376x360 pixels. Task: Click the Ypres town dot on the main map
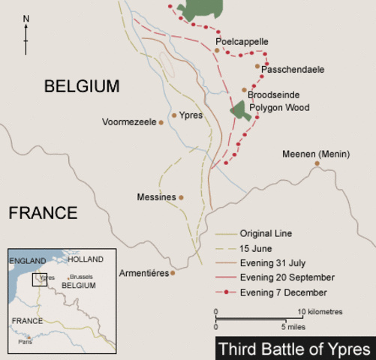(x=174, y=115)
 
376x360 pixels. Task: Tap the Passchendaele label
(x=293, y=69)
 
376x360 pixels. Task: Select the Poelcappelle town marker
(x=218, y=51)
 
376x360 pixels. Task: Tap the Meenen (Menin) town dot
(x=317, y=163)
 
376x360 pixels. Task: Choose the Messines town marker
(x=181, y=198)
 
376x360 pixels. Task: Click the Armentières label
(x=143, y=273)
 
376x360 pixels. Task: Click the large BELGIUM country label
(x=82, y=86)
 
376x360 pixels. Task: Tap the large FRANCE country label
(x=43, y=213)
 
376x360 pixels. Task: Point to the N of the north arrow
(x=26, y=17)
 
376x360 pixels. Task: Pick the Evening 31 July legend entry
(x=270, y=262)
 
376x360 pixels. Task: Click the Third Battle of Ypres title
(x=296, y=349)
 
